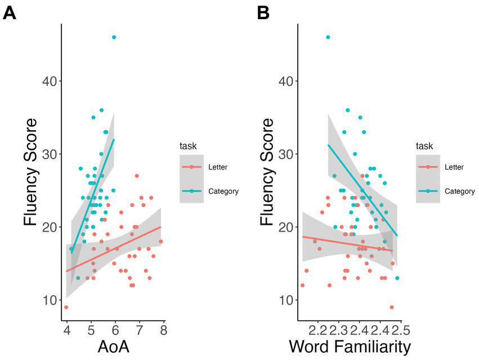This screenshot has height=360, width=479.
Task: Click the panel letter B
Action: [x=263, y=12]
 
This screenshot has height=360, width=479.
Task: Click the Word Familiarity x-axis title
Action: [x=350, y=346]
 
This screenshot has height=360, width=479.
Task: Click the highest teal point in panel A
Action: [x=114, y=37]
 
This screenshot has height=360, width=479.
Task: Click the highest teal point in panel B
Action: [x=328, y=37]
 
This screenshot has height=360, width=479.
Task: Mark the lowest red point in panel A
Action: [x=66, y=307]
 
